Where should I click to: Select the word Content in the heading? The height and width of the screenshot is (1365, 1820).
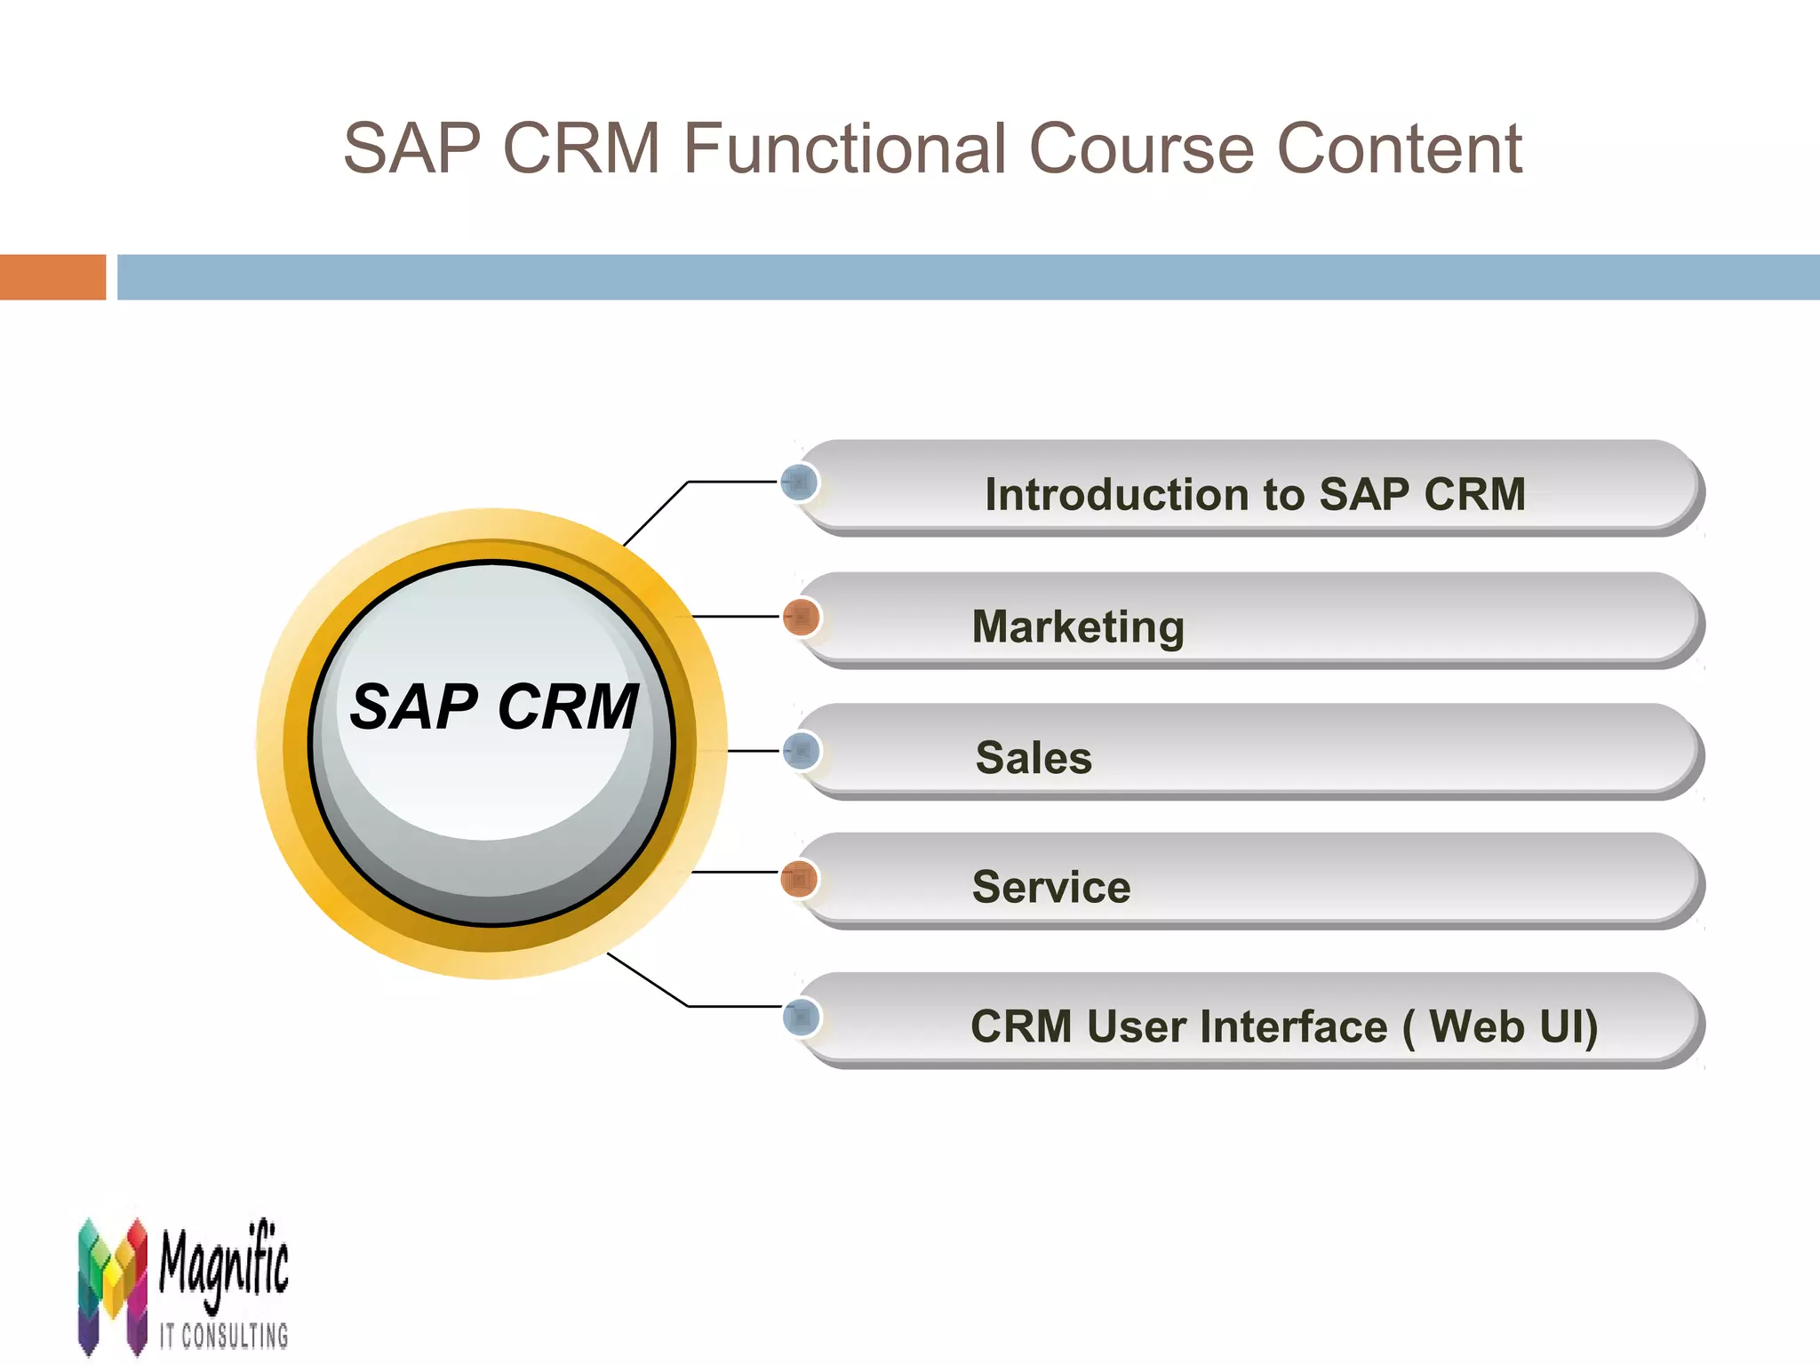1399,148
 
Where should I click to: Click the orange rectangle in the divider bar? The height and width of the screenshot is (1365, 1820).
52,277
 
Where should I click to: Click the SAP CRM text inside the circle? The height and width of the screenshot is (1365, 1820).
494,707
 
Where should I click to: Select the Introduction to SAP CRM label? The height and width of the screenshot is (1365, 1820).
1255,494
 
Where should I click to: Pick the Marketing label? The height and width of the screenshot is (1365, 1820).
1078,627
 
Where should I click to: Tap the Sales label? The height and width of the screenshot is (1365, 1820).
1034,758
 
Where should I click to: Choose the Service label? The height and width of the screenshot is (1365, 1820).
1051,887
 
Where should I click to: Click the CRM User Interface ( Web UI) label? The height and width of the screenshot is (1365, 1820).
1284,1026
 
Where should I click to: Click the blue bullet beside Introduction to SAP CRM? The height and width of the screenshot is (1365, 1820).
800,483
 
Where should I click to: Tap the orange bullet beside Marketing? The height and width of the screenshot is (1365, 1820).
801,617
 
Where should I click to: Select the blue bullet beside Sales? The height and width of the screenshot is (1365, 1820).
801,751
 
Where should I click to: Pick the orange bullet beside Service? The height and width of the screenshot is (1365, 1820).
799,880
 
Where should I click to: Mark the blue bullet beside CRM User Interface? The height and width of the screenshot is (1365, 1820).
801,1017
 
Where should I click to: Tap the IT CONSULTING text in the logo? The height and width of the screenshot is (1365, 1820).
224,1336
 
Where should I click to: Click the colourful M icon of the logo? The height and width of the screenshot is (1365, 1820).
112,1285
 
